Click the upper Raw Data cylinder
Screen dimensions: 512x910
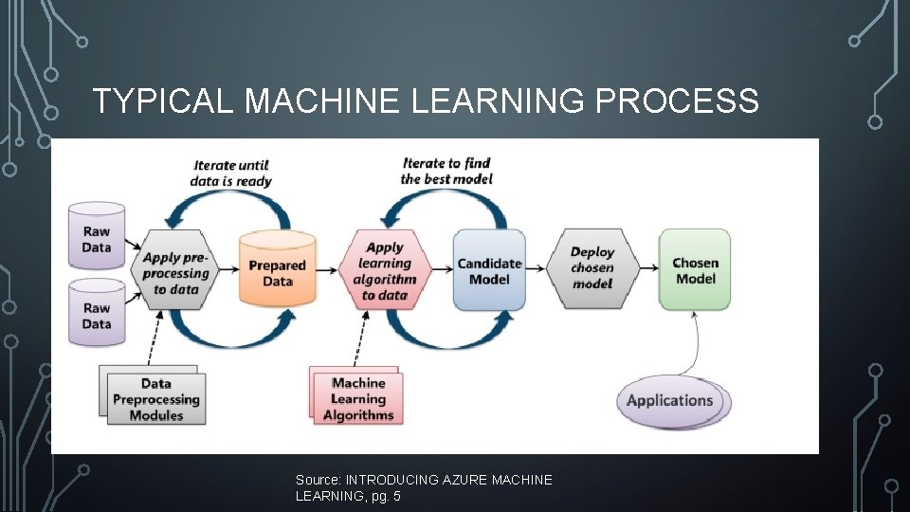(97, 238)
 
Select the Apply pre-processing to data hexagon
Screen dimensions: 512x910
(174, 273)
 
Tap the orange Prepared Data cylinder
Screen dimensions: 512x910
(277, 271)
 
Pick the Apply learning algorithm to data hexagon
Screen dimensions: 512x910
(384, 271)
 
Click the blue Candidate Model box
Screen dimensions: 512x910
(489, 270)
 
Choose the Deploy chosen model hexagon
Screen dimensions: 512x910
(592, 268)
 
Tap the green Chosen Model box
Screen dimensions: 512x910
(695, 269)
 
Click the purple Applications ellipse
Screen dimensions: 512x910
(670, 400)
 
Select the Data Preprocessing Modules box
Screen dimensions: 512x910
(155, 398)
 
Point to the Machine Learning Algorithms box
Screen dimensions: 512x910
(357, 398)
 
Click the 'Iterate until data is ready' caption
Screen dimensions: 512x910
(232, 174)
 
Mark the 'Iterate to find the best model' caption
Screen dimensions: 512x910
(446, 171)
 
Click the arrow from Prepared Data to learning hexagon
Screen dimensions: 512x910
(328, 270)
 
